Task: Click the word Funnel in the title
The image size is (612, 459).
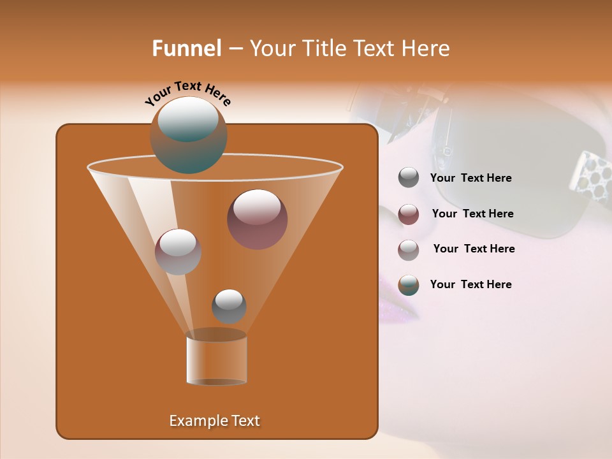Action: point(186,48)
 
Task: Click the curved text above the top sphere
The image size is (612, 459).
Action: point(188,92)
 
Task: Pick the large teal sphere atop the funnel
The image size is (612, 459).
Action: point(188,135)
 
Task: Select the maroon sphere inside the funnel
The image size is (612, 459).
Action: point(258,219)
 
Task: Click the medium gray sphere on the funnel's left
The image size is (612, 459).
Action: point(178,252)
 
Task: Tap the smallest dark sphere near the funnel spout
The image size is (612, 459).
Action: point(229,306)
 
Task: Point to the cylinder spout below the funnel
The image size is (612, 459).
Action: point(216,359)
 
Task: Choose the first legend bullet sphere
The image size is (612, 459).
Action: point(409,177)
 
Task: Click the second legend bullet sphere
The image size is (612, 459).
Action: point(409,214)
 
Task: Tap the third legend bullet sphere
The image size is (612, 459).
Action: point(409,249)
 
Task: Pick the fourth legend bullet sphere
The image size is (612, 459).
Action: point(409,285)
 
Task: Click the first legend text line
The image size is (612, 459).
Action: point(470,178)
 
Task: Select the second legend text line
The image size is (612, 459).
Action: point(472,214)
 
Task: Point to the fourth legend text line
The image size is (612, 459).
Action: point(470,285)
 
